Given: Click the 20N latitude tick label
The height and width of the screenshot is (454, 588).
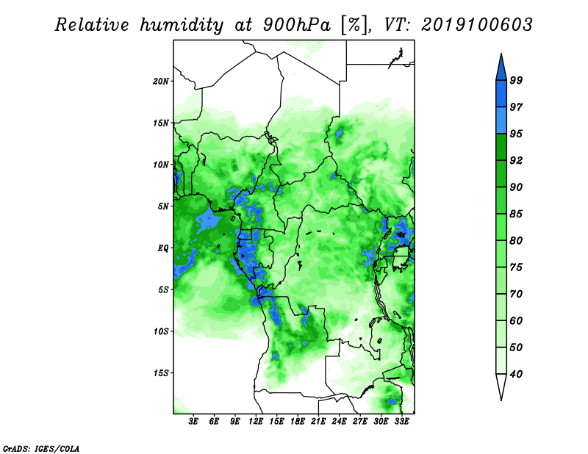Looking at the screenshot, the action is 161,82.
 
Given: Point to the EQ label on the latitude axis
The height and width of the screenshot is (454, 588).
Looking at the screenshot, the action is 163,248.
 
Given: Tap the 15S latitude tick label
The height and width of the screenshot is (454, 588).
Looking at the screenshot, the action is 161,373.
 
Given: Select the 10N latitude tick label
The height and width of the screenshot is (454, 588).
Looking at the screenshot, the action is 161,165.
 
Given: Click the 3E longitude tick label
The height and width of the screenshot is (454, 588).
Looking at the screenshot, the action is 193,421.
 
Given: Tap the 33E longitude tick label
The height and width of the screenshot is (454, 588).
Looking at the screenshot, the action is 401,421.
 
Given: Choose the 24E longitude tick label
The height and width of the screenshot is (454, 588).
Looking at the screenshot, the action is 339,421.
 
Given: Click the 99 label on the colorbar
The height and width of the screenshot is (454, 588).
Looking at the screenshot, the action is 516,80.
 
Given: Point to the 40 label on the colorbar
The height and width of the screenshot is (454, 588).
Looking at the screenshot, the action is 516,374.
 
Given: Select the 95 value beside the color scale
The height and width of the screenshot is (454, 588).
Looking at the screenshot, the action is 516,134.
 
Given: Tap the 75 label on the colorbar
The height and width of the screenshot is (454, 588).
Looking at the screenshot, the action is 516,267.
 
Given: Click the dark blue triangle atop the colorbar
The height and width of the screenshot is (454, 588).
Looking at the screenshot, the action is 501,69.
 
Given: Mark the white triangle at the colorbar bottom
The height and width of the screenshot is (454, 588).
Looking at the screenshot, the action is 501,385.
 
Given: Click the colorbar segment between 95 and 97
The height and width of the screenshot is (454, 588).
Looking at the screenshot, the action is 501,120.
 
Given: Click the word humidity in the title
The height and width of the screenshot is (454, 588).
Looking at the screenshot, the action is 182,26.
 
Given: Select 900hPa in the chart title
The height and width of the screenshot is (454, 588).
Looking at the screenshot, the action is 297,25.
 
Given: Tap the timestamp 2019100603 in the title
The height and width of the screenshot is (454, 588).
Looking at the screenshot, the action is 476,25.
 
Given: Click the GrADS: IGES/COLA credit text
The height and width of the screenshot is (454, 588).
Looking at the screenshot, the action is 41,449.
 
